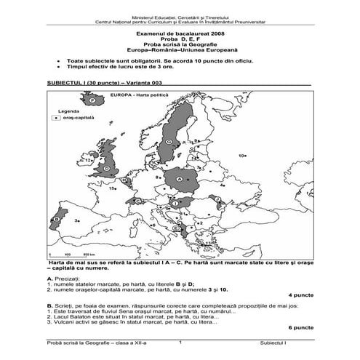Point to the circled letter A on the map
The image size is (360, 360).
(x=178, y=176)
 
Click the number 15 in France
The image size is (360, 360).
(x=113, y=188)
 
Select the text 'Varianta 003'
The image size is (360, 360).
(x=143, y=84)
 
